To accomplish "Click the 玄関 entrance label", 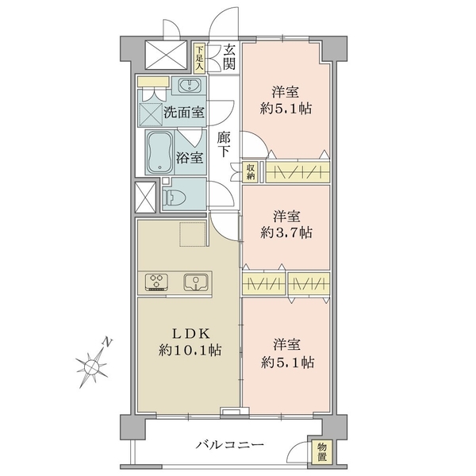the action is [x=229, y=57].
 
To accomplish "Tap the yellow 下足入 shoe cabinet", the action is [x=199, y=58].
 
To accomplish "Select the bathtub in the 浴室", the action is [x=159, y=152].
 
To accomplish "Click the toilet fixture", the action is [x=175, y=197].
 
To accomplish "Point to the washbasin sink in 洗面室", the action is [x=189, y=86].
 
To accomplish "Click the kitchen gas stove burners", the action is [x=156, y=282].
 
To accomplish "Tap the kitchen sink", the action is [x=196, y=282].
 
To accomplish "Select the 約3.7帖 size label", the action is [x=286, y=232].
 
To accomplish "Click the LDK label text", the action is [x=191, y=334].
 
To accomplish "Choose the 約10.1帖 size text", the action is [x=190, y=351].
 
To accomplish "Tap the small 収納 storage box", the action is [x=250, y=172].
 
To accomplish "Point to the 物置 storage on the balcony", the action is [x=322, y=451].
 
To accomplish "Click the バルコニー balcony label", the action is [x=229, y=445].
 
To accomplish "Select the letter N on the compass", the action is [x=107, y=342].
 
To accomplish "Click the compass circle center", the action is [x=91, y=367].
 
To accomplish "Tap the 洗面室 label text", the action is [x=184, y=113].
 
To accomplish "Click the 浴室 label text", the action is [x=190, y=158].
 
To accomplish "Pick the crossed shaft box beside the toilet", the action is [x=145, y=198].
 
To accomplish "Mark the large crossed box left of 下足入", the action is [x=166, y=56].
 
